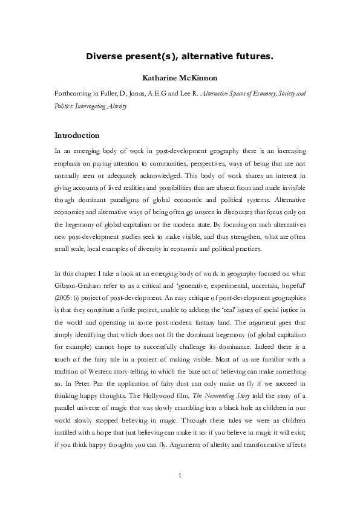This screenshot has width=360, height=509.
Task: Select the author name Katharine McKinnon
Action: point(180,79)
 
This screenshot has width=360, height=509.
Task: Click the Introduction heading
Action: point(77,135)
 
